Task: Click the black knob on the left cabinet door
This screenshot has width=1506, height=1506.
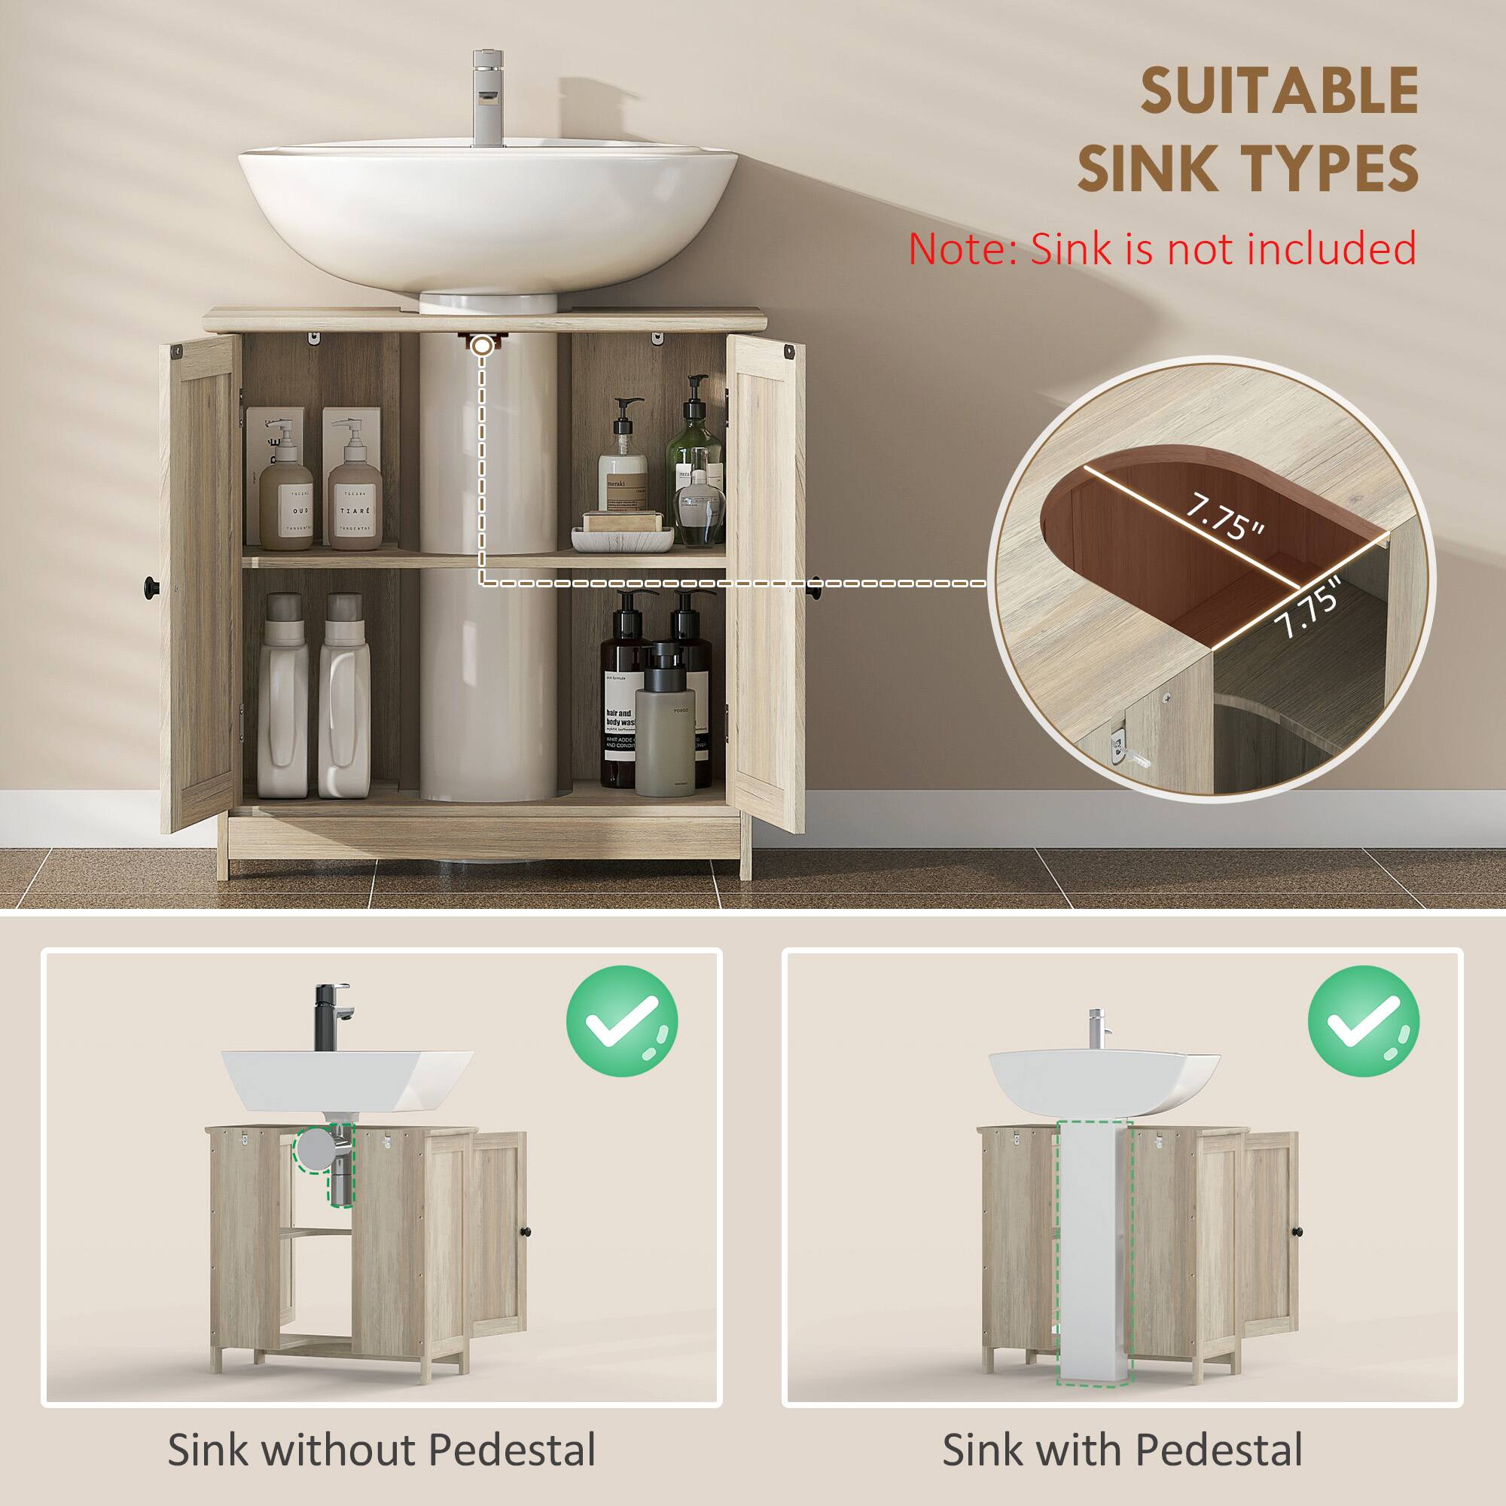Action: click(x=150, y=582)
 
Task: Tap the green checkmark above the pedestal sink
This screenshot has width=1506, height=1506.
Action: click(x=1363, y=1022)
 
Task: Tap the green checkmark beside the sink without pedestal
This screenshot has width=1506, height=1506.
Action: click(x=621, y=1022)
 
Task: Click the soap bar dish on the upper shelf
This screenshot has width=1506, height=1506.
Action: click(x=622, y=534)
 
